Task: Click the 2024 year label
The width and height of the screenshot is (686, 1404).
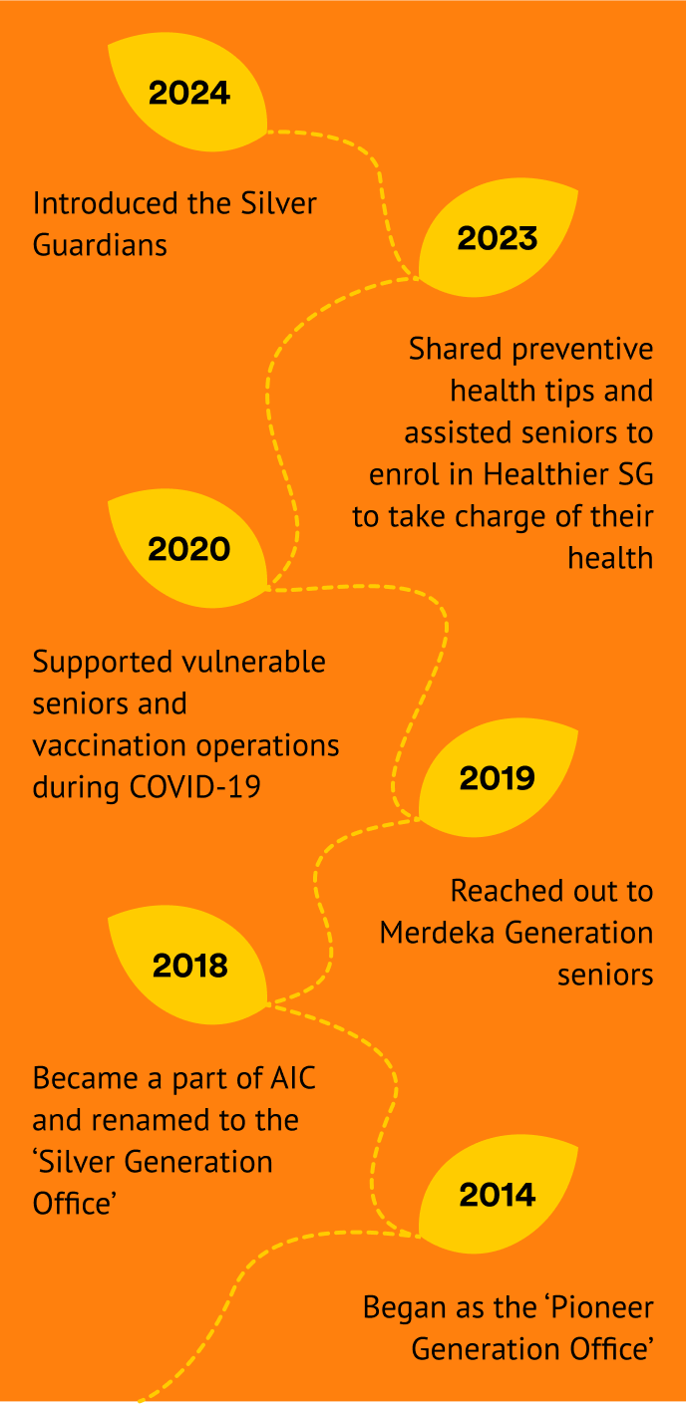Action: click(x=189, y=93)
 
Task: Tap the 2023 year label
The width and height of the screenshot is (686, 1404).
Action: click(x=498, y=238)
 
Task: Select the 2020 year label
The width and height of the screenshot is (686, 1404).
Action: click(x=188, y=549)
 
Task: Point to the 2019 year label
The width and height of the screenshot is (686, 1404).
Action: click(x=498, y=778)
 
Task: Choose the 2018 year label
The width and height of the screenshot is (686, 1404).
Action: click(x=190, y=966)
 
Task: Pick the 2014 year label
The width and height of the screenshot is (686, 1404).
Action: click(x=498, y=1194)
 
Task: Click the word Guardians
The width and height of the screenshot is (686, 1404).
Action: click(x=100, y=245)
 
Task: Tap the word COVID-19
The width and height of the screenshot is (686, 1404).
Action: click(x=195, y=787)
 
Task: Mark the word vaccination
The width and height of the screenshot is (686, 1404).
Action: click(x=110, y=746)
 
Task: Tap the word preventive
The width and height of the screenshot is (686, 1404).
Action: click(x=582, y=350)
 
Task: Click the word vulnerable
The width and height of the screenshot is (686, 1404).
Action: click(x=253, y=662)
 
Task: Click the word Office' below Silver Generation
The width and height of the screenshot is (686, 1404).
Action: click(x=75, y=1204)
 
